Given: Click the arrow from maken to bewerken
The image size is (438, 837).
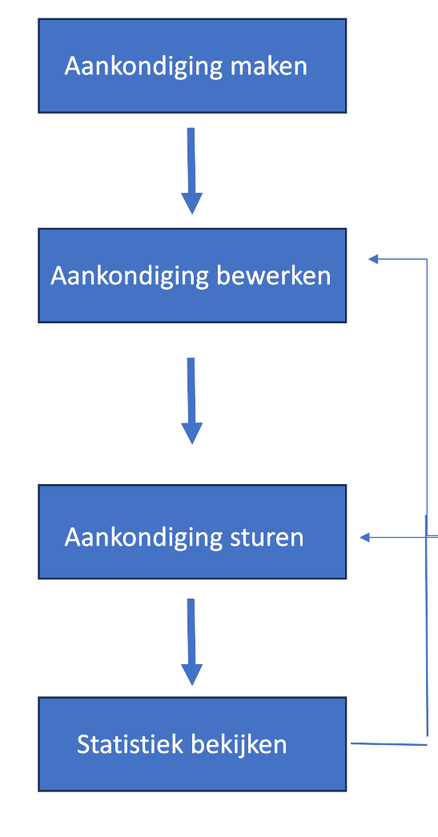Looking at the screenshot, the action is (191, 170).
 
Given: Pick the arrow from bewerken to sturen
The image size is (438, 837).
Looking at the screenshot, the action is (191, 401).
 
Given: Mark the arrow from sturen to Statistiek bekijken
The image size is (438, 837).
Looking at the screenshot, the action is (191, 643).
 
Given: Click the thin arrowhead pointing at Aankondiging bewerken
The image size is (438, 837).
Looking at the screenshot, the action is (373, 259).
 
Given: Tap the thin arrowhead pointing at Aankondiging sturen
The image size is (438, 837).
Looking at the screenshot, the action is (365, 538).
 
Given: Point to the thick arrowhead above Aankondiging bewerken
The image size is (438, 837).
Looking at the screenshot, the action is (191, 203).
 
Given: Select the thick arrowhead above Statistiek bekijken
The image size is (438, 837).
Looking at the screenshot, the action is (191, 675).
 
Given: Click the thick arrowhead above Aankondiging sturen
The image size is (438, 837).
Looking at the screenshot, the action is (191, 434).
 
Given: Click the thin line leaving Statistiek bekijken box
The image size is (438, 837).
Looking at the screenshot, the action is (389, 743).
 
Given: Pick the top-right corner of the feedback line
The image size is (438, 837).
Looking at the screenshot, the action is (427, 259).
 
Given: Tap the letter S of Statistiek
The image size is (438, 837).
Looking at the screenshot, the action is (83, 744).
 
